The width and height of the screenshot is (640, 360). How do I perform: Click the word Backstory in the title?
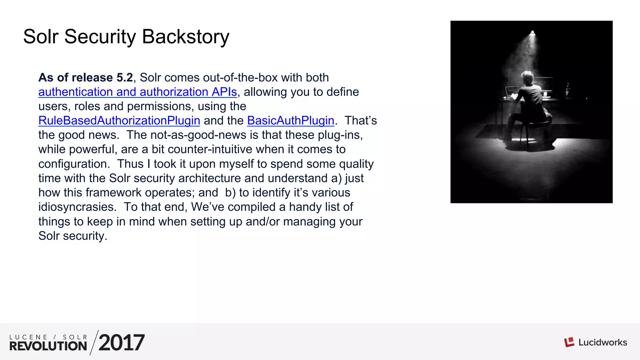[186, 37]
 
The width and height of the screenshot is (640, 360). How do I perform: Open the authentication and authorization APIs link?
[137, 92]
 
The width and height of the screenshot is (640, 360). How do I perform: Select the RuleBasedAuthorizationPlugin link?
[119, 121]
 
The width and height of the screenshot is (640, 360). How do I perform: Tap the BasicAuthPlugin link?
[291, 121]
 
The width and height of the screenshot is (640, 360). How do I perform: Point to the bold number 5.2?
[125, 77]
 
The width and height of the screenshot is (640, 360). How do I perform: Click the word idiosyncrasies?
[77, 207]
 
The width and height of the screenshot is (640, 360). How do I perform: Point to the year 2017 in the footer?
[122, 342]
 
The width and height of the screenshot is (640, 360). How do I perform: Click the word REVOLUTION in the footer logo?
[48, 346]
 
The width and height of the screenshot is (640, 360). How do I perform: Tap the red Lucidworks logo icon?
[569, 342]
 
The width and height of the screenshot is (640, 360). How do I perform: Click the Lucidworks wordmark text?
[602, 342]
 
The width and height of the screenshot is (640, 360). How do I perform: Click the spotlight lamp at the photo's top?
[532, 33]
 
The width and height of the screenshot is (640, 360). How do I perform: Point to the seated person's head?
[527, 77]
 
